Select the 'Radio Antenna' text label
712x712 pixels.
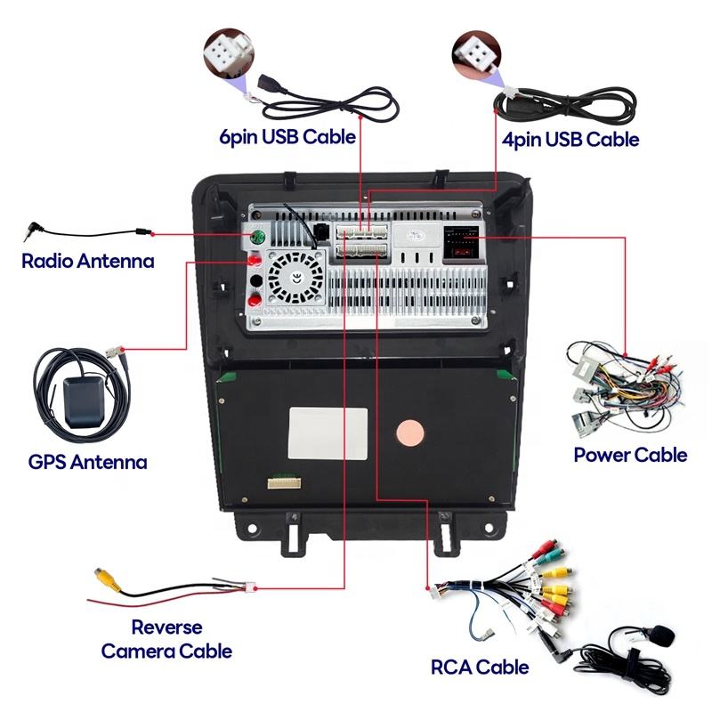coord(88,262)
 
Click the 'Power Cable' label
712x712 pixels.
coord(630,455)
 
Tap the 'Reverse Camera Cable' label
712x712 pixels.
coord(166,639)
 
